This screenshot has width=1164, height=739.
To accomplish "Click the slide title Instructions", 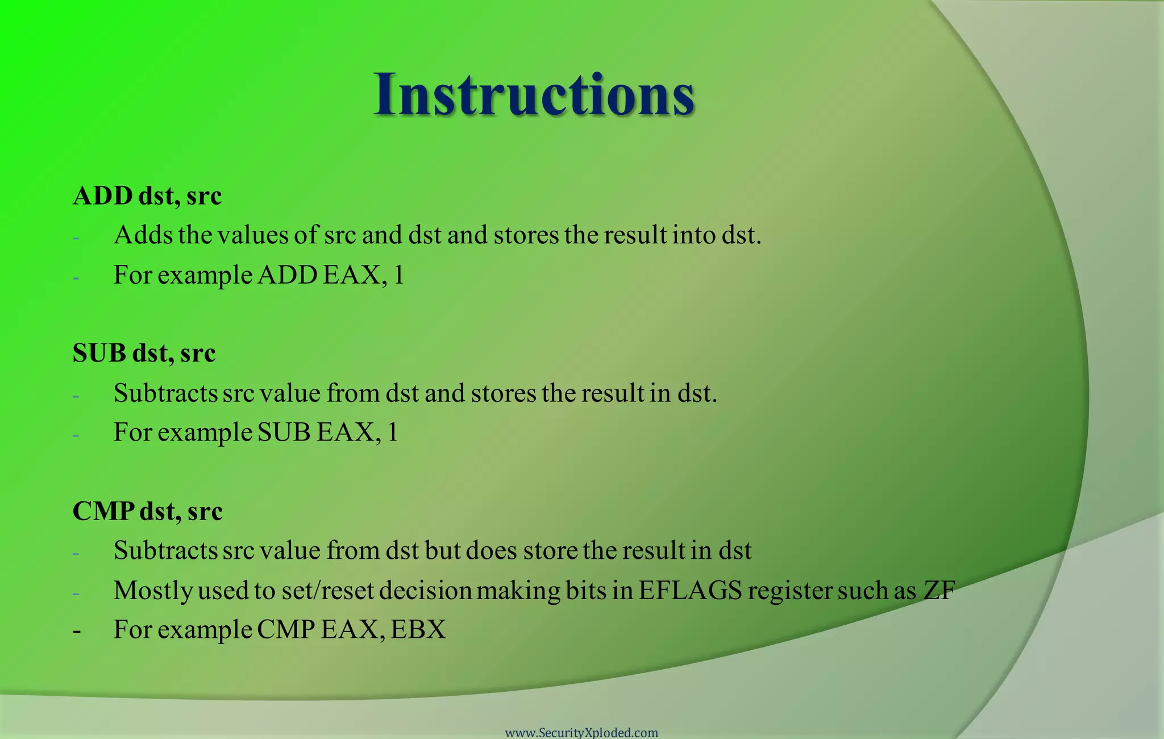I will (534, 94).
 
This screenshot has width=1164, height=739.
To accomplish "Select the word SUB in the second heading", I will (99, 354).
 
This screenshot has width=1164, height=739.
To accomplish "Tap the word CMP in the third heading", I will (103, 511).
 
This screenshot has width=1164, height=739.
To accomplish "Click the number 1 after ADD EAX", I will (398, 275).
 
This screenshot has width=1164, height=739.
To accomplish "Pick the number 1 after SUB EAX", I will (392, 433).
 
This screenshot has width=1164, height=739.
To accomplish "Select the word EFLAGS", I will (690, 591).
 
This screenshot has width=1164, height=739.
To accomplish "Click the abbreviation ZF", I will (939, 591).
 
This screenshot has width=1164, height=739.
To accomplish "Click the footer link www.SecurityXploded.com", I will (581, 733).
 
